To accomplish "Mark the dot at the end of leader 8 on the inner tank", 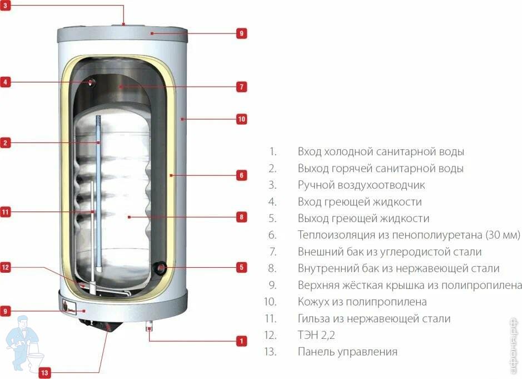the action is click(129, 217).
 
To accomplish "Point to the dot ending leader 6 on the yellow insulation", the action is click(171, 175).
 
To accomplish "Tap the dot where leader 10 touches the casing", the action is click(182, 119).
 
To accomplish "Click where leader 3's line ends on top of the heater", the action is click(123, 24).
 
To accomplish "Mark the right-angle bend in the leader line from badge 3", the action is click(123, 6).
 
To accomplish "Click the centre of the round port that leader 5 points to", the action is click(161, 267).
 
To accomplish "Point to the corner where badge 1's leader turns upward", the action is click(149, 341).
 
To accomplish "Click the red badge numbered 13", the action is click(44, 372).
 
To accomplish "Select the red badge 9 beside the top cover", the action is click(242, 33).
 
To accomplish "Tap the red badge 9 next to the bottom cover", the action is click(5, 311).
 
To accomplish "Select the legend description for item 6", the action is click(409, 235).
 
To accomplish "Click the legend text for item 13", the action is click(347, 352).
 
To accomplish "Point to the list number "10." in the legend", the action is click(270, 302).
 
